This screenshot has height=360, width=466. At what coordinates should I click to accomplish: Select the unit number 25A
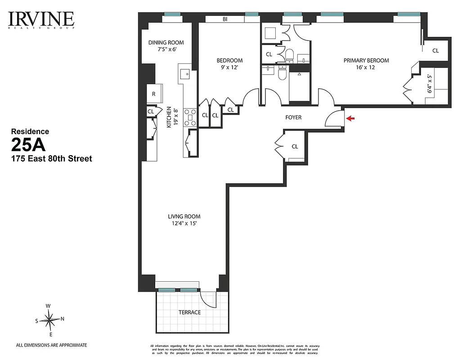click(x=28, y=146)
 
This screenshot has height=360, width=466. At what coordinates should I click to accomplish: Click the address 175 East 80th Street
click(x=51, y=159)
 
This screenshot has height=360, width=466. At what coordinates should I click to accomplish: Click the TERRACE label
click(x=189, y=312)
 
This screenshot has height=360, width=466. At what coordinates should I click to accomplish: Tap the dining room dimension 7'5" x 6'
click(x=166, y=49)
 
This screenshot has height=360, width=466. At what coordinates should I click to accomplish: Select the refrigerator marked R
click(x=154, y=94)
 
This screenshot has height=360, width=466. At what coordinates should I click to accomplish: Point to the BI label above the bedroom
click(x=224, y=19)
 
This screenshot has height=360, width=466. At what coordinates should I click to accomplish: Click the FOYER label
click(x=293, y=117)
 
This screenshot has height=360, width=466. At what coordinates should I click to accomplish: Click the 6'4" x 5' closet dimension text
click(x=430, y=84)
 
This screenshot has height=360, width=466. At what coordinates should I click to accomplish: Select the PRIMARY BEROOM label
click(x=366, y=60)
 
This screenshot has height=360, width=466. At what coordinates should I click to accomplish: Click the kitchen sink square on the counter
click(x=185, y=73)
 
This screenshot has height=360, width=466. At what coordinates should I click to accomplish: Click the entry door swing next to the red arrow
click(x=334, y=119)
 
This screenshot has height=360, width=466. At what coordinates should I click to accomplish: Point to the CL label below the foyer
click(x=295, y=146)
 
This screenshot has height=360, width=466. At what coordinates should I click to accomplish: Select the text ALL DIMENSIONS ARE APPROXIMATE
click(x=51, y=345)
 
